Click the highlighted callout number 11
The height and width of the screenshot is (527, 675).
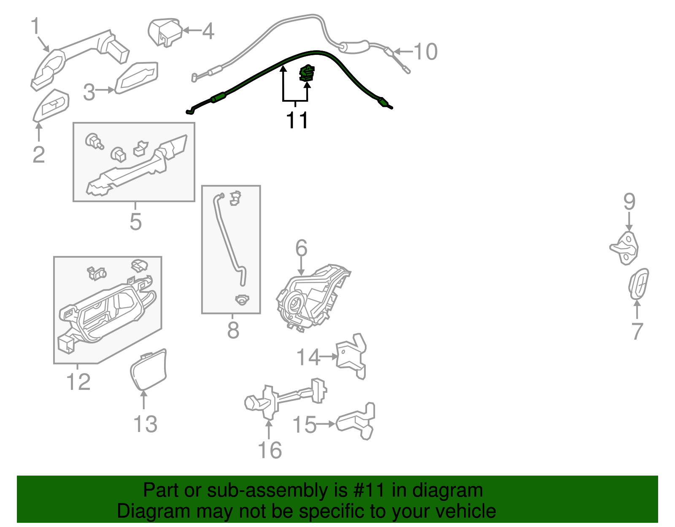[297, 120]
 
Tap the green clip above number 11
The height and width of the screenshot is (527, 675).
[307, 73]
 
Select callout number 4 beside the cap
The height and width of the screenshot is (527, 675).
[208, 31]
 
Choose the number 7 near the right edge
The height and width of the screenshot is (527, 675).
[637, 331]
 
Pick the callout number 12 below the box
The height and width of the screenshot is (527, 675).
[78, 382]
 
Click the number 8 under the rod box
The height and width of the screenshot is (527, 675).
[233, 330]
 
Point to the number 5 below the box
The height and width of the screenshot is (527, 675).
[135, 222]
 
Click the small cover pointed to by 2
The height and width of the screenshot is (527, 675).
[51, 105]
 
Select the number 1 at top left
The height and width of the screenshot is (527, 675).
[35, 26]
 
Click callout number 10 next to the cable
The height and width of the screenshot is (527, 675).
[425, 52]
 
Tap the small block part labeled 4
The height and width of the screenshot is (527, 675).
[165, 32]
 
